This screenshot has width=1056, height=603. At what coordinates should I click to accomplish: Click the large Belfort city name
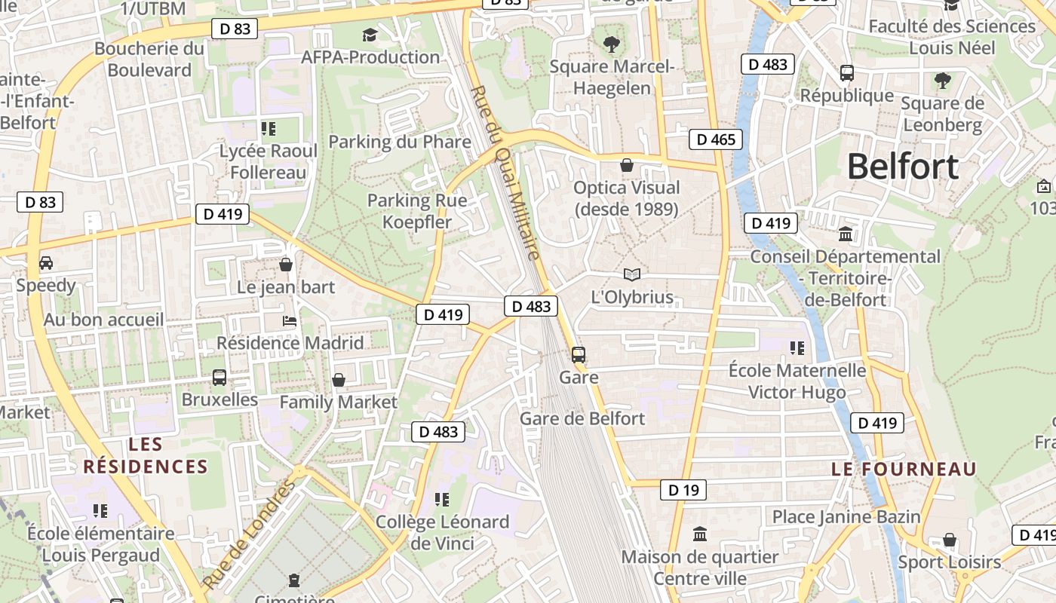pyautogui.click(x=903, y=167)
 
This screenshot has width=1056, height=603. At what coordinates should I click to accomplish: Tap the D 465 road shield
pyautogui.click(x=715, y=139)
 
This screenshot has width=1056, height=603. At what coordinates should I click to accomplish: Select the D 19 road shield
pyautogui.click(x=683, y=490)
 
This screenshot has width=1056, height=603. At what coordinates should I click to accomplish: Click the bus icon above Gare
pyautogui.click(x=579, y=354)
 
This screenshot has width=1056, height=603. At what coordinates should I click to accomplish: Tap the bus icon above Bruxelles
pyautogui.click(x=219, y=377)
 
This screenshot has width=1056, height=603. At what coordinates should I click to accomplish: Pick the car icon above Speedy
pyautogui.click(x=46, y=263)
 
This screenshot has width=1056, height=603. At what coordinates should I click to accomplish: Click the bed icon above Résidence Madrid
pyautogui.click(x=290, y=321)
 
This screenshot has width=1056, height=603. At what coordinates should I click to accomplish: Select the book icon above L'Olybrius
pyautogui.click(x=632, y=274)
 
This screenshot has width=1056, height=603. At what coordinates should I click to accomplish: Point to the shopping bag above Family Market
pyautogui.click(x=339, y=380)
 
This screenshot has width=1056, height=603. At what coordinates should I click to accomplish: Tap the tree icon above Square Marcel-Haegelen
pyautogui.click(x=612, y=44)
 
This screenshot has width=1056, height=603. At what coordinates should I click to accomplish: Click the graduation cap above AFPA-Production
pyautogui.click(x=370, y=35)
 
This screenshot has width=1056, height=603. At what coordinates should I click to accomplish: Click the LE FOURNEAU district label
pyautogui.click(x=904, y=469)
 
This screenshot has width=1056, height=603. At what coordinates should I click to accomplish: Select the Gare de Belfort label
pyautogui.click(x=582, y=418)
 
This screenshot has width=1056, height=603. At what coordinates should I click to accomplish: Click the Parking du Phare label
pyautogui.click(x=400, y=142)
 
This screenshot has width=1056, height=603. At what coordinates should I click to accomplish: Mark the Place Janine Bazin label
pyautogui.click(x=846, y=516)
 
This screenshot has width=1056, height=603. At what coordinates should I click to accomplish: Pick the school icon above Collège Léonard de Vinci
pyautogui.click(x=442, y=499)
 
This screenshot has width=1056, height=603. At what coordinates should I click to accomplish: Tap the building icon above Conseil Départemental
pyautogui.click(x=846, y=234)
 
